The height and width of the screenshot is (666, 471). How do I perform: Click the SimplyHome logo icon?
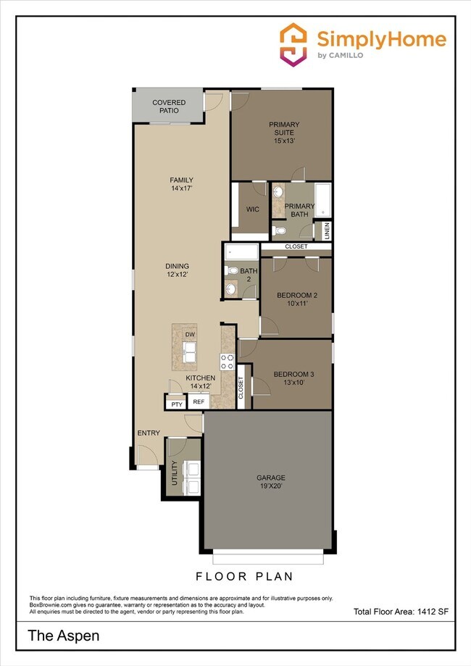click(293, 45)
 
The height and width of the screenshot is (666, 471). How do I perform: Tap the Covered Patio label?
click(169, 107)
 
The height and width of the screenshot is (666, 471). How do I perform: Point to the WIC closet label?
click(253, 209)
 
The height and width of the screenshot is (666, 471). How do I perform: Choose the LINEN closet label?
click(328, 231)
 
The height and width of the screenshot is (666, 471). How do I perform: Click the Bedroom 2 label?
click(296, 299)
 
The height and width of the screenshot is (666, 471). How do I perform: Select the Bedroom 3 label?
click(293, 378)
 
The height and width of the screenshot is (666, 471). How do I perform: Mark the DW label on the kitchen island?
click(190, 334)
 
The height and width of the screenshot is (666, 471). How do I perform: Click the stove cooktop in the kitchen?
click(225, 361)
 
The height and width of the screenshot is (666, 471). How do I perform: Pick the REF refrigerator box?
click(199, 403)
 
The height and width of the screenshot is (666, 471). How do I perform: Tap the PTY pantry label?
click(176, 404)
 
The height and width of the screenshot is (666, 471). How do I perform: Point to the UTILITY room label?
click(174, 473)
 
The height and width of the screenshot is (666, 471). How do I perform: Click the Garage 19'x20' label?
click(270, 482)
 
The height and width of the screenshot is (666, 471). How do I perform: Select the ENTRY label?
click(149, 433)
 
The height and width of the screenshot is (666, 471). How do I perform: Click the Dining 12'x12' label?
click(177, 270)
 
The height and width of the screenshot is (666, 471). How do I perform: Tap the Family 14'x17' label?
click(181, 184)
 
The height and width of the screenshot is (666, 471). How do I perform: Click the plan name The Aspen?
click(63, 636)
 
